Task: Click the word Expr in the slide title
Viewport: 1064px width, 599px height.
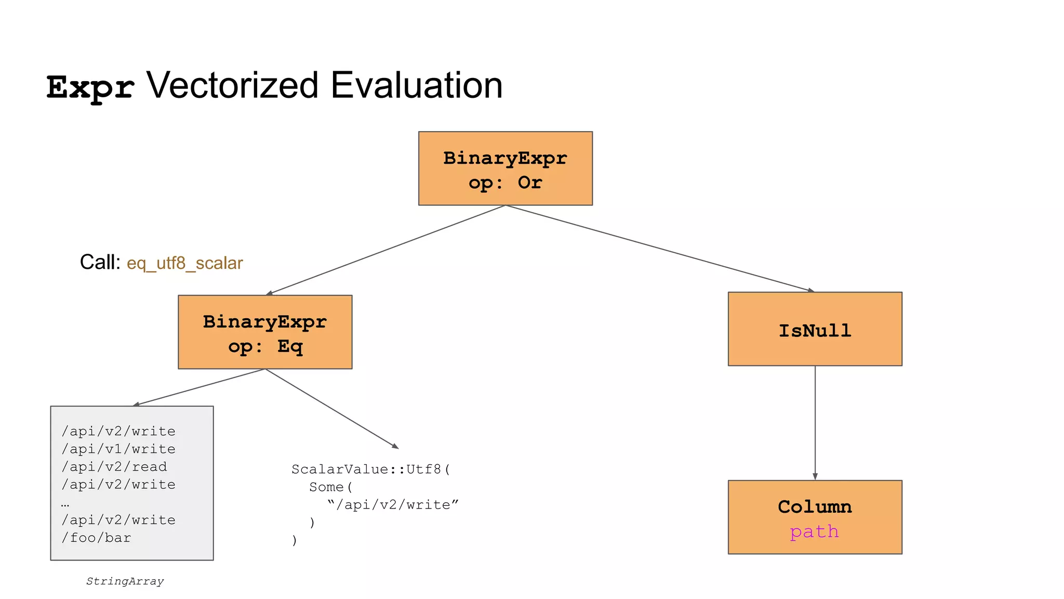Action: pos(90,87)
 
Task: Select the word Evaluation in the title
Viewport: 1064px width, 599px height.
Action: pos(416,85)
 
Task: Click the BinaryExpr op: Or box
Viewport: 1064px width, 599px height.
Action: pos(505,168)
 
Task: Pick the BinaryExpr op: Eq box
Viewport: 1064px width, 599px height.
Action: pos(265,332)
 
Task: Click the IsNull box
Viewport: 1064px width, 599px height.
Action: pos(815,329)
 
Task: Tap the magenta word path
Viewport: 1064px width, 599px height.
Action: pos(814,531)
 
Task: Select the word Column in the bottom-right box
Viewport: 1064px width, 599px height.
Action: pos(815,506)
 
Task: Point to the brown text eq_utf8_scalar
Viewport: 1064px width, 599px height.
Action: pos(184,263)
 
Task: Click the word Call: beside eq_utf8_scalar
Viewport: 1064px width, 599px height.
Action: pos(100,262)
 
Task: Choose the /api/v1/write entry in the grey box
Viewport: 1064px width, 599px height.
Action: pos(118,449)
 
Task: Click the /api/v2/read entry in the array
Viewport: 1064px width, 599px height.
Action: pos(114,466)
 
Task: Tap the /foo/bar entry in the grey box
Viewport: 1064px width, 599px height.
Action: pos(96,538)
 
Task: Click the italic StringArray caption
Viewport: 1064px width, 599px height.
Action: pos(125,581)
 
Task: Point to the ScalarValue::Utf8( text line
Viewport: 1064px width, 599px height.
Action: pos(371,470)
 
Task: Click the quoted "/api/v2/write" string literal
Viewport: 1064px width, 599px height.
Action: pos(393,505)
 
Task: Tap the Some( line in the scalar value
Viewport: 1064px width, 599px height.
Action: pos(331,487)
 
